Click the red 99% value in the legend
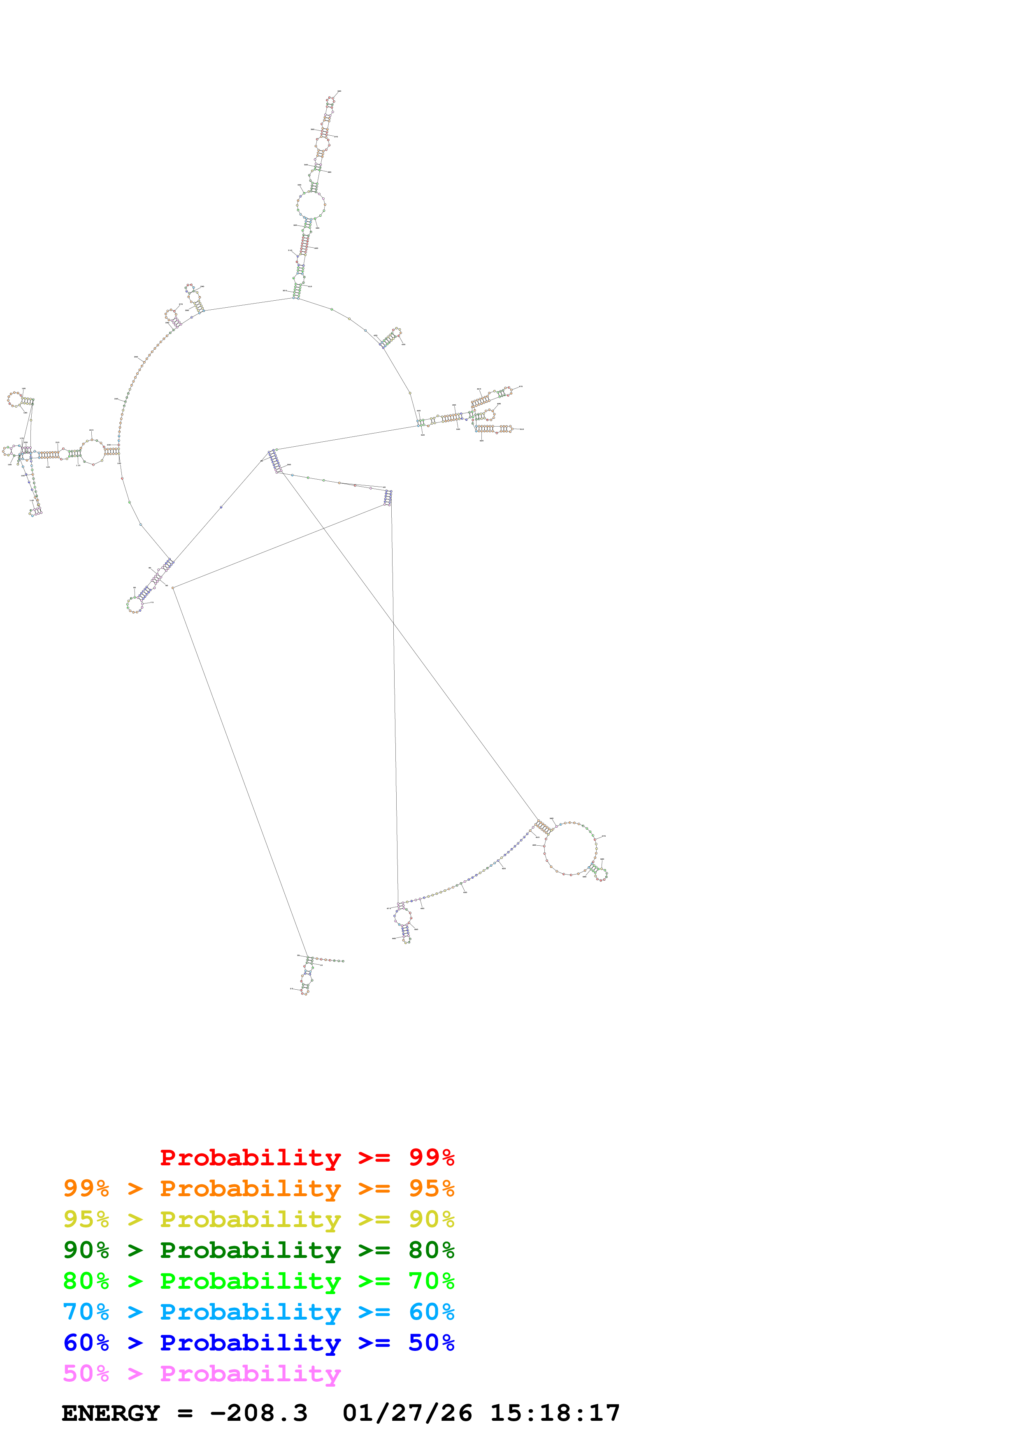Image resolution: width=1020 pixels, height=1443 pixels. (431, 1157)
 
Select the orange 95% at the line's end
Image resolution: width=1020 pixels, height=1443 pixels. (431, 1188)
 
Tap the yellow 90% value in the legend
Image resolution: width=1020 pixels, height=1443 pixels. (431, 1219)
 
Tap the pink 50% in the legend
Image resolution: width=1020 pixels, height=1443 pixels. (86, 1373)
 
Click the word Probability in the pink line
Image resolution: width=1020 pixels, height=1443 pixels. (250, 1373)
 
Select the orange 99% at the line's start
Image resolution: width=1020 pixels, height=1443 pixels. (86, 1188)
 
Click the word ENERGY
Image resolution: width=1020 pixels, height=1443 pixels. (111, 1413)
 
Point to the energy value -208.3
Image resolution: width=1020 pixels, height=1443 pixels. (258, 1413)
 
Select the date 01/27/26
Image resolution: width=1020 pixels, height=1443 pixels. (407, 1413)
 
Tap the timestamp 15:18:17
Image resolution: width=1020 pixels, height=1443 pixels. (555, 1413)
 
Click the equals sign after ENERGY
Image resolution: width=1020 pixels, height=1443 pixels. (185, 1413)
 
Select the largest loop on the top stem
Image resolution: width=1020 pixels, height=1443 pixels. (311, 206)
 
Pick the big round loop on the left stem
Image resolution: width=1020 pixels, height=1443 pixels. (93, 452)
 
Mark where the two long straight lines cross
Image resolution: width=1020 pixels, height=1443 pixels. (393, 622)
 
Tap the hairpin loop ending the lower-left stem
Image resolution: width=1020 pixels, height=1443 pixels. (135, 605)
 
